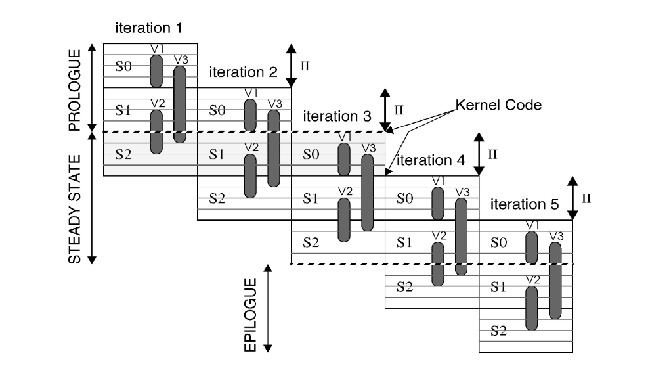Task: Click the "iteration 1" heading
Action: coord(148,28)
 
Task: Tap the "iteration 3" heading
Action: coord(337,116)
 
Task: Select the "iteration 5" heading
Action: coord(525,204)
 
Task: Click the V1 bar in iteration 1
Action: coord(156,71)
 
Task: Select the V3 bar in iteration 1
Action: coord(180,104)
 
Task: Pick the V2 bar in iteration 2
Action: coord(250,175)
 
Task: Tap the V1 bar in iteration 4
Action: coord(438,204)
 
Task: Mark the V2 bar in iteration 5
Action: coord(532,308)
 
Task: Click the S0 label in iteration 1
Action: coord(123,67)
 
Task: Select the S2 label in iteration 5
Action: coord(499,331)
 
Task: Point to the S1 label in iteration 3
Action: coord(311,199)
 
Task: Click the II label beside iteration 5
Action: coord(586,198)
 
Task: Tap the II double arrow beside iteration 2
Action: coord(292,66)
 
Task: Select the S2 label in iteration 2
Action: coord(217,198)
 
